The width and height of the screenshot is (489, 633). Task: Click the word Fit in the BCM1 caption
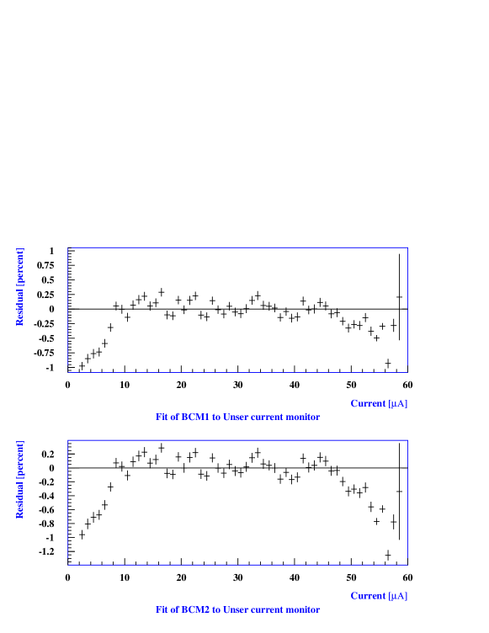pos(162,418)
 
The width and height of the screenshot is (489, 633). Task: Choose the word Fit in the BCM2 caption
pos(162,609)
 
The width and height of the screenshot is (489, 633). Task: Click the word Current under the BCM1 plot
pos(368,404)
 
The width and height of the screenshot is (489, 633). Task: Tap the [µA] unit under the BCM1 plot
pos(398,404)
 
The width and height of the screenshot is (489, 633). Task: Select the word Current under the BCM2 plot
pos(368,596)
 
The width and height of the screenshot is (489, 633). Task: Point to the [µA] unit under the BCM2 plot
pos(398,596)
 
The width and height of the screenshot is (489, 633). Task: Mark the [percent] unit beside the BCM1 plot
pos(20,265)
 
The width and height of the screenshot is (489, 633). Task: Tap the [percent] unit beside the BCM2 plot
pos(20,458)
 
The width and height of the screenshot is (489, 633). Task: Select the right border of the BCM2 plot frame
pos(408,502)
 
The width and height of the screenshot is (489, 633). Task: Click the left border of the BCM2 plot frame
pos(67,502)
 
